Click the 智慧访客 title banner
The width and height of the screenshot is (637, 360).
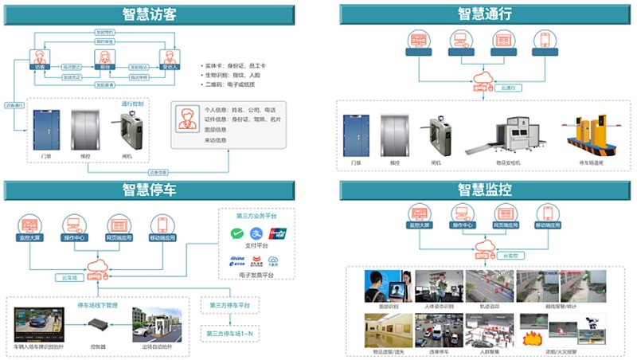tap(149, 14)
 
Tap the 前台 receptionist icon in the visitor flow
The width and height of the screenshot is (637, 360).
tap(102, 58)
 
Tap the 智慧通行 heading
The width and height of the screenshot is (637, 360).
tap(484, 14)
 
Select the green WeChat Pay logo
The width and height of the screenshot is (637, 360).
tap(236, 234)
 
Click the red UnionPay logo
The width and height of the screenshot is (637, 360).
tap(277, 234)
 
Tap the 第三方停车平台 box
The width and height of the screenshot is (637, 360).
tap(229, 306)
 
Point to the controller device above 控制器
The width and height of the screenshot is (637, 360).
tap(99, 326)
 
